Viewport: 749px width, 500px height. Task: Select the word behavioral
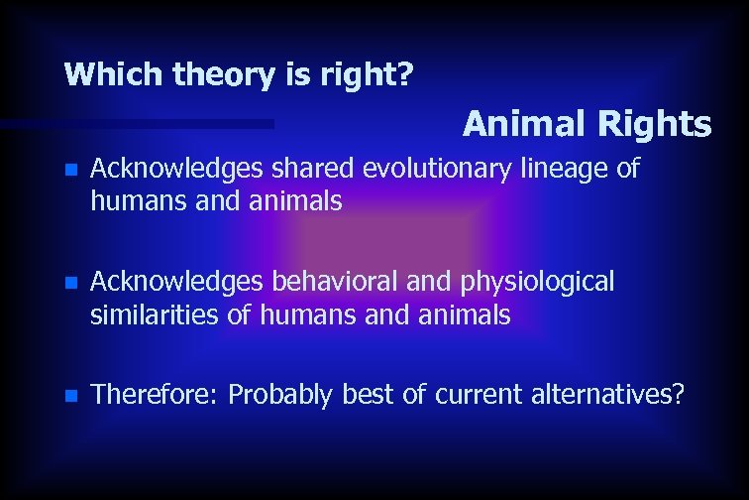tap(333, 282)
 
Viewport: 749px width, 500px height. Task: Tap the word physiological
tap(538, 282)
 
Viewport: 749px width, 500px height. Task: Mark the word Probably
tap(281, 395)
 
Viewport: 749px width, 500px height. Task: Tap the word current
tap(479, 395)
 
